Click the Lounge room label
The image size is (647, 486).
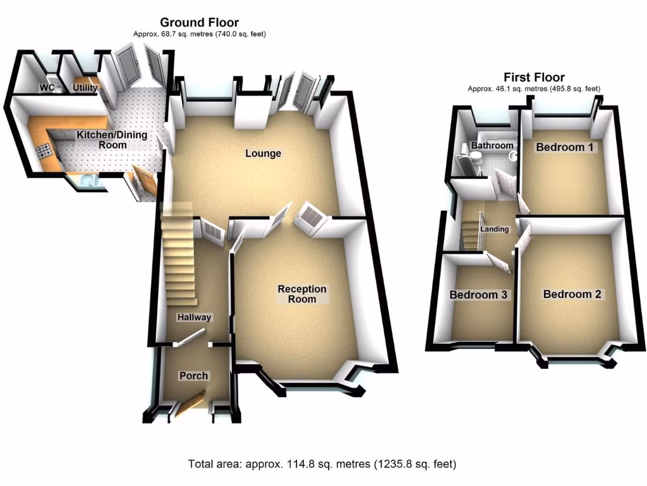coord(263,154)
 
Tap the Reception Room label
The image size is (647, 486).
coord(302,294)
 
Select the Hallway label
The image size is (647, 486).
coord(194,318)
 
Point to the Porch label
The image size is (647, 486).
coord(193,376)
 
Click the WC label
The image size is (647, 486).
coord(47,88)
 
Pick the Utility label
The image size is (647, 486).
coord(85,88)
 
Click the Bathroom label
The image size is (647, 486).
coord(492,146)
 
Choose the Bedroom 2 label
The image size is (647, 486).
coord(572,294)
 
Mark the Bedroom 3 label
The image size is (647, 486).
coord(478,295)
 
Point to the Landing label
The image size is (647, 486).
coord(494,229)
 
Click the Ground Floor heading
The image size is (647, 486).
coord(199,23)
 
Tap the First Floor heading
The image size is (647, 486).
coord(534,77)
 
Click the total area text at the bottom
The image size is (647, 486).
coord(322,464)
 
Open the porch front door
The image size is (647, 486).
coord(190,404)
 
